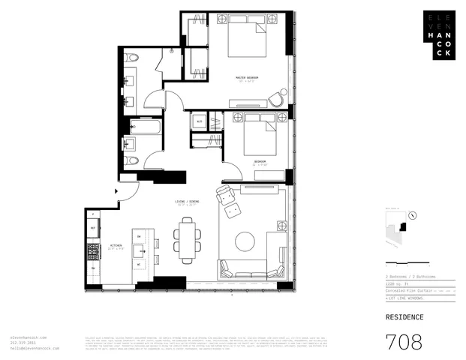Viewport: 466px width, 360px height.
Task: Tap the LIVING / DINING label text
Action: tap(182, 201)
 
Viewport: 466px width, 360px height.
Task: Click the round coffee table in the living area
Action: tap(245, 241)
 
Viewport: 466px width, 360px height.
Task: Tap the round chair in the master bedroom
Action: tap(277, 99)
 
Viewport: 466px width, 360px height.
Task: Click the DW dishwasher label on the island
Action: tap(139, 236)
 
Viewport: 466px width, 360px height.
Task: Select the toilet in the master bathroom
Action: tap(131, 57)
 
